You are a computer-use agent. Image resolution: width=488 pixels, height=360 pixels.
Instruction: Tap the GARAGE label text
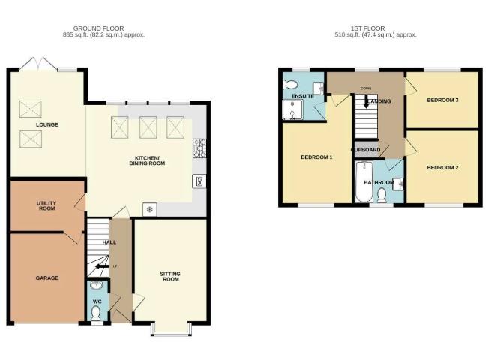tap(46, 278)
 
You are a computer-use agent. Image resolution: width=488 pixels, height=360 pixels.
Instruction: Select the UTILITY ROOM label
tap(46, 206)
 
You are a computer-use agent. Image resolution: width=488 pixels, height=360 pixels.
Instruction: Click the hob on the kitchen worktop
tap(199, 146)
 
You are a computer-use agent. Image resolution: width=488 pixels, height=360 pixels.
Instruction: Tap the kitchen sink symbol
tap(199, 180)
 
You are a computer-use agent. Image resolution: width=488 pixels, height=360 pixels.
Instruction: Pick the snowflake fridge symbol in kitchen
tap(149, 209)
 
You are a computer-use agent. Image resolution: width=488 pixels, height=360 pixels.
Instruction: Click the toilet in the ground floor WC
tap(96, 315)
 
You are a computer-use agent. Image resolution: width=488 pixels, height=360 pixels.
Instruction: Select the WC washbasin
tap(96, 286)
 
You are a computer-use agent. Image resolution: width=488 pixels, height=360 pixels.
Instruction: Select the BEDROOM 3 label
tap(442, 100)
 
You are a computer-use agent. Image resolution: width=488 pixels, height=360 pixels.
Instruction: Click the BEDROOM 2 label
tap(442, 168)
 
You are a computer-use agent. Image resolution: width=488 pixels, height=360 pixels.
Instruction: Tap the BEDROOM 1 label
tap(316, 157)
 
